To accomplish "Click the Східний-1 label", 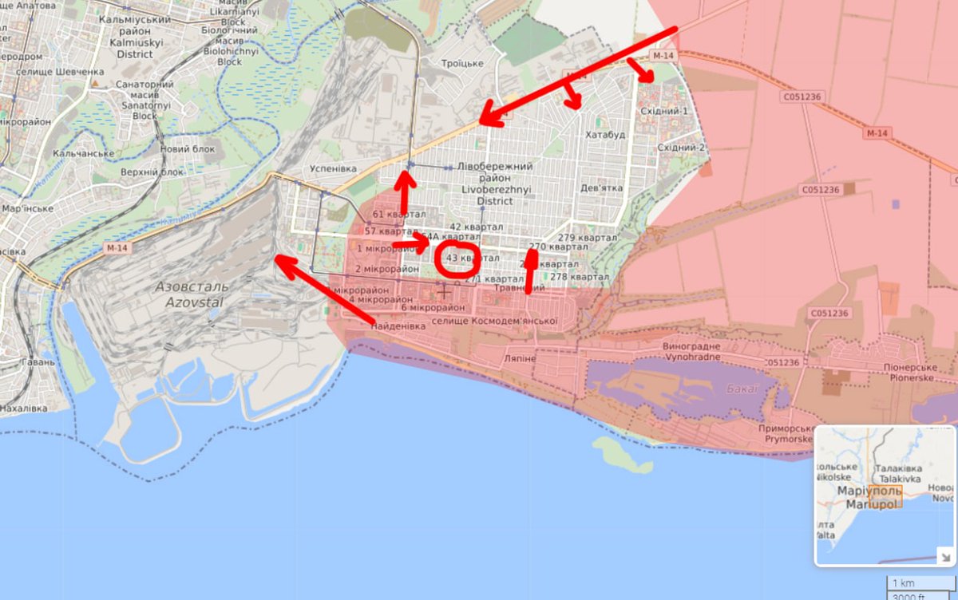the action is click(x=671, y=111).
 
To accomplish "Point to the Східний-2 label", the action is click(x=681, y=148).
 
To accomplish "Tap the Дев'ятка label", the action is click(x=601, y=188).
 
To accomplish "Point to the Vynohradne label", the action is click(x=691, y=358).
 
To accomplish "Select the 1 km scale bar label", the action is click(x=904, y=583).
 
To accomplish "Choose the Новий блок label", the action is click(x=187, y=149).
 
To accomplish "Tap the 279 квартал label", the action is click(x=588, y=238).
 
